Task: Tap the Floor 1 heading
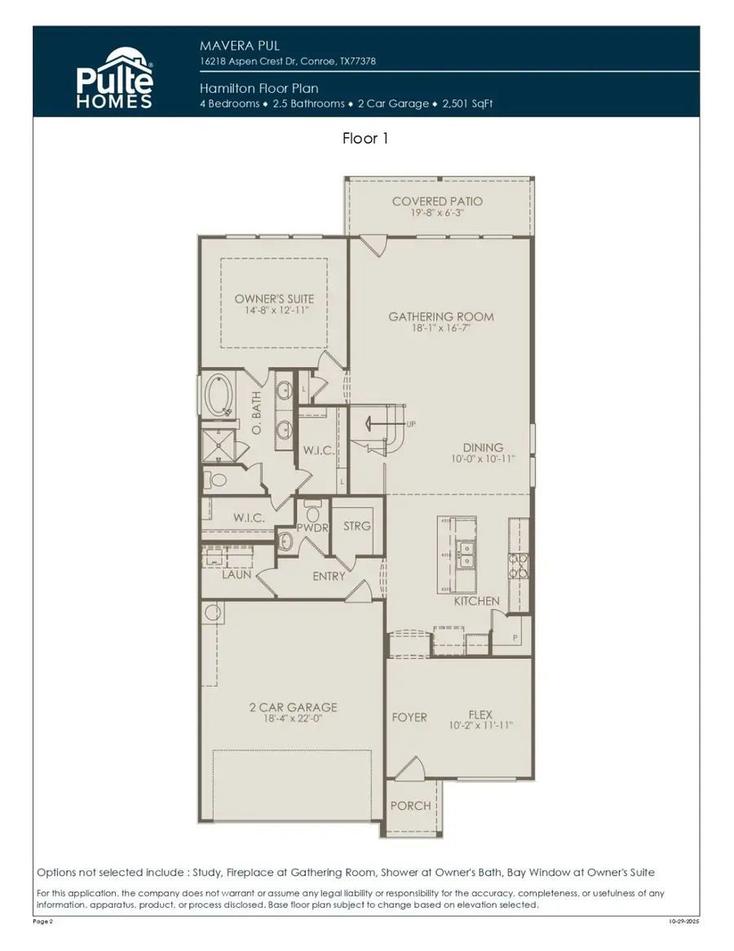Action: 365,139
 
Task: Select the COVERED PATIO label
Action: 437,201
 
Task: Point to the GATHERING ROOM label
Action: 440,316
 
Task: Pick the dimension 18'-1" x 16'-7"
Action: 440,329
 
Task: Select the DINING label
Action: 483,448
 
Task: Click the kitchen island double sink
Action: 466,555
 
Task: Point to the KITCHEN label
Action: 477,601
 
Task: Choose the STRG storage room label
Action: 356,526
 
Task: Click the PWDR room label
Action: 312,529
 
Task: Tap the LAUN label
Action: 237,574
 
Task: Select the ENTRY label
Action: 329,576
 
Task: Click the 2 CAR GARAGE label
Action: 293,707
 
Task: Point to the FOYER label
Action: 409,718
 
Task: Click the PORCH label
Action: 410,806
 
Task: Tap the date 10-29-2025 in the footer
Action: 683,921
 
